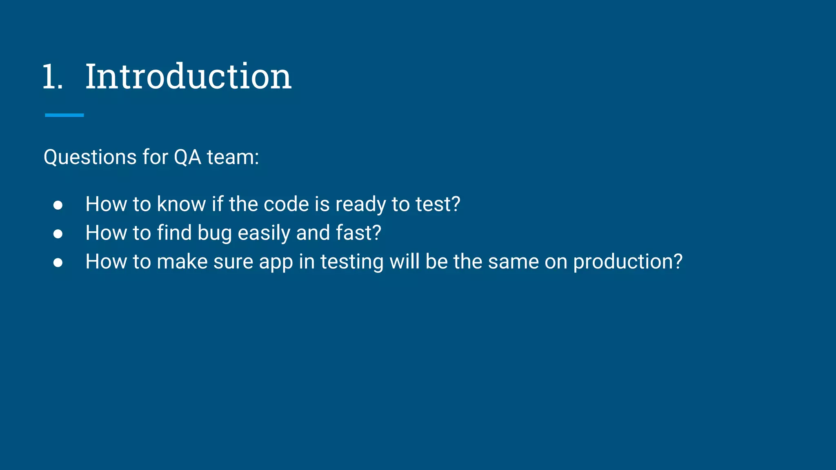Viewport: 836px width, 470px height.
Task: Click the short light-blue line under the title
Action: coord(64,115)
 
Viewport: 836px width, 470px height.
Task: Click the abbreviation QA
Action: coord(187,157)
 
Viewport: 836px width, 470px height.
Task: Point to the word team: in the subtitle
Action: coord(233,157)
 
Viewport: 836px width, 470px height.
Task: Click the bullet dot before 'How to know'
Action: coord(58,205)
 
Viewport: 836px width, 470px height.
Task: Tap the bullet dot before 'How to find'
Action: coord(58,234)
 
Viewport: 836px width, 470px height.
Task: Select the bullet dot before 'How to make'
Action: coord(58,262)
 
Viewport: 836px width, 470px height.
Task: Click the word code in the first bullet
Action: coord(286,204)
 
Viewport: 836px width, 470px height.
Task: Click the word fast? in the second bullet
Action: coord(358,233)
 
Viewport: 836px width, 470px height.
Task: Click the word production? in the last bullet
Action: coord(627,262)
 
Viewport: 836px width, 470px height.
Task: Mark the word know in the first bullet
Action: coord(181,204)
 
